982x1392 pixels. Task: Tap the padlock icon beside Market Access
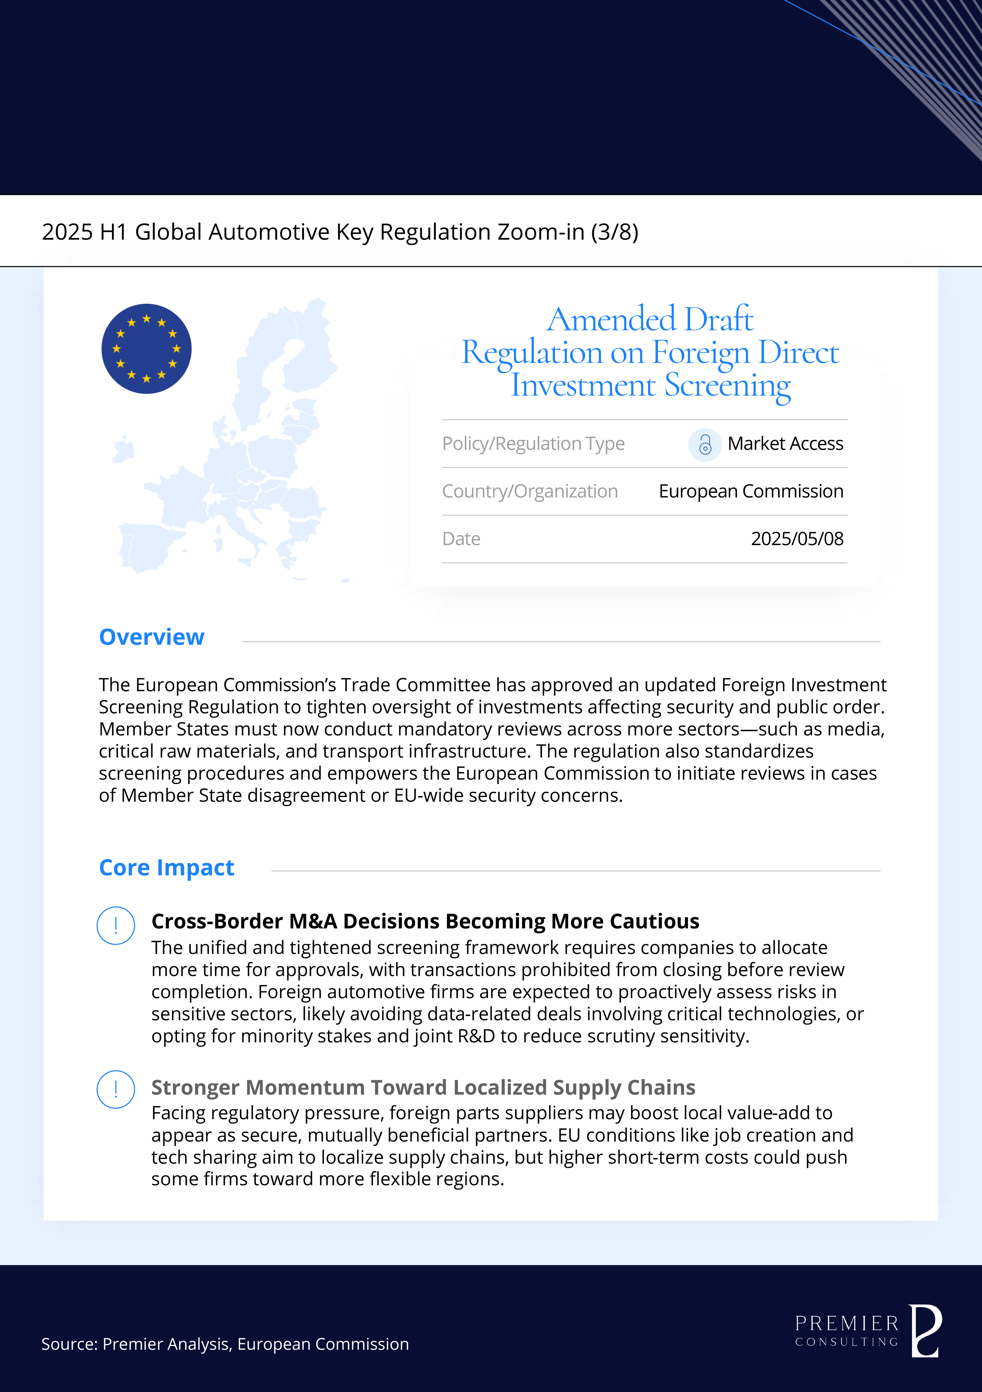[x=704, y=445]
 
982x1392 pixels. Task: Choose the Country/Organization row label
[x=530, y=491]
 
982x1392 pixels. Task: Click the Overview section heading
[x=151, y=637]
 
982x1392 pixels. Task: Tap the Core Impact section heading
[x=167, y=868]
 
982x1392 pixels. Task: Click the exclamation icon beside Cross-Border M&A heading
[x=116, y=925]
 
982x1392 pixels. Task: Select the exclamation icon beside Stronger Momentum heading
[x=116, y=1089]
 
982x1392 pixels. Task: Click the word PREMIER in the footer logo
[x=846, y=1323]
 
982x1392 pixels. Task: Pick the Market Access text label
[x=785, y=444]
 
